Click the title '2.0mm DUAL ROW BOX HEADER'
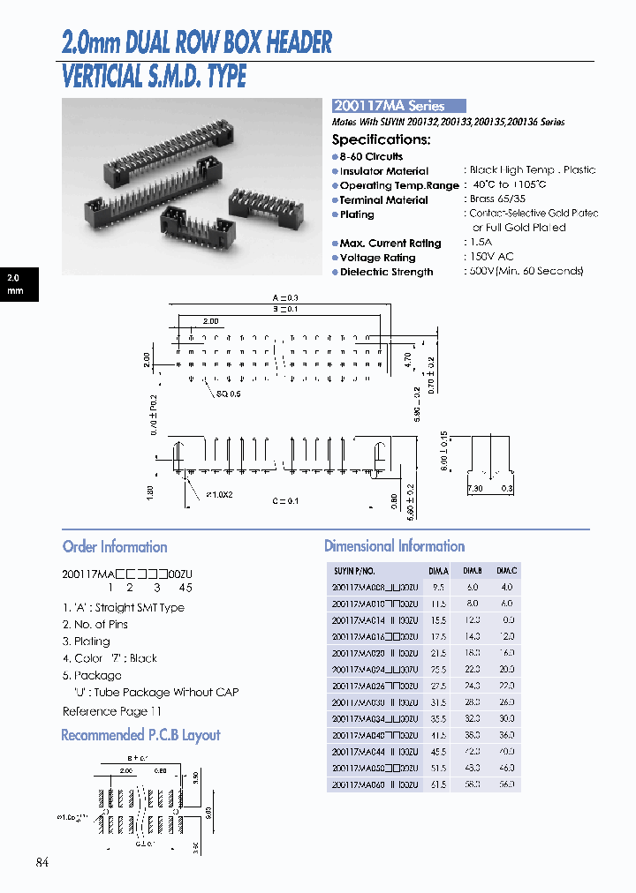point(197,42)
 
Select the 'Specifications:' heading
point(381,139)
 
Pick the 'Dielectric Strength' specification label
point(386,273)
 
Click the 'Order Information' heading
point(115,546)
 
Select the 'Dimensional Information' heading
point(394,546)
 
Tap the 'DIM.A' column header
point(438,571)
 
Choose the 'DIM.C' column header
point(506,571)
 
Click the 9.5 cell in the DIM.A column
point(438,587)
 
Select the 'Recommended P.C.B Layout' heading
point(140,735)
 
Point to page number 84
point(42,862)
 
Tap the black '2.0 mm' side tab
point(18,283)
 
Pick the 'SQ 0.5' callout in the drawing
point(228,394)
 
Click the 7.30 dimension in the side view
point(476,488)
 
